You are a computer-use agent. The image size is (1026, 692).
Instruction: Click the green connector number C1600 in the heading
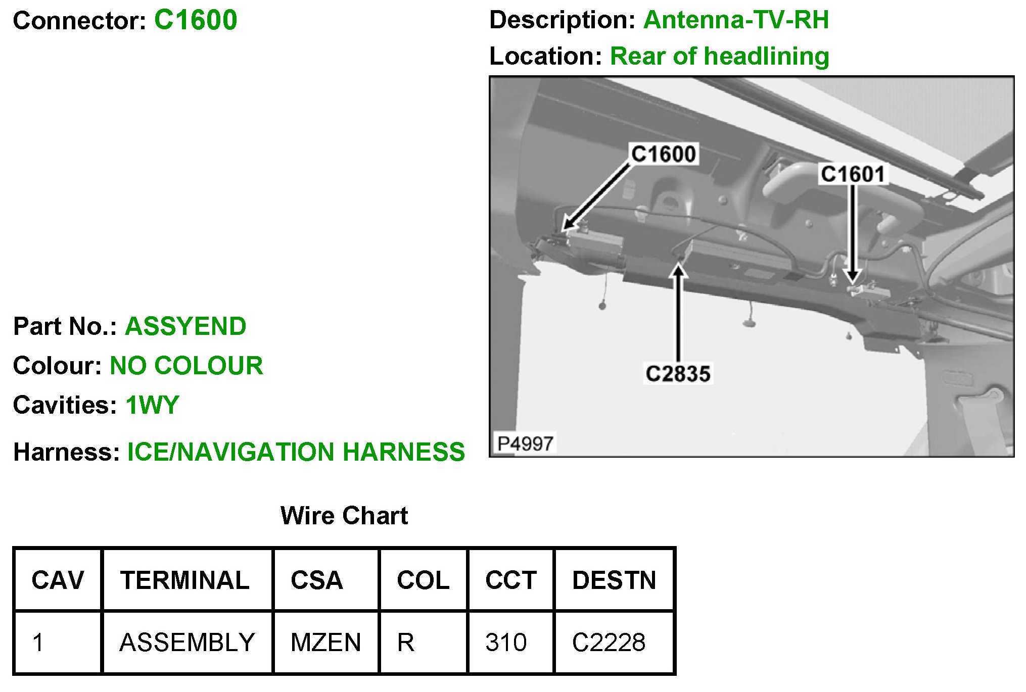click(x=196, y=21)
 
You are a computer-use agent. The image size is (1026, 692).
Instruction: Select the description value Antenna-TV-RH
click(x=736, y=21)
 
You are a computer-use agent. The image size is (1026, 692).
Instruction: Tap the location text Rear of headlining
click(x=719, y=57)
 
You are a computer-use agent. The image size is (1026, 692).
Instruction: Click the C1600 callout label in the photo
click(x=664, y=154)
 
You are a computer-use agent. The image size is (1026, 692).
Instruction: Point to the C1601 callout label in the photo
click(x=853, y=174)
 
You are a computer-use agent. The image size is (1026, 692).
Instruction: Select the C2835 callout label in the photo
click(x=678, y=374)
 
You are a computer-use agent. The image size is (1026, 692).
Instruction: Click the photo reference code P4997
click(x=525, y=444)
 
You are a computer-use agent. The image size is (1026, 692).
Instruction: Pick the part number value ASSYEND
click(x=185, y=326)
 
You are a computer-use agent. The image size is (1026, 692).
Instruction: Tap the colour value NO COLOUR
click(x=186, y=366)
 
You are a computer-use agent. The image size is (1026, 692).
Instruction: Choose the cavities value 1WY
click(x=152, y=405)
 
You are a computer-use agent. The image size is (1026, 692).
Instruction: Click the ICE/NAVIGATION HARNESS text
click(x=296, y=452)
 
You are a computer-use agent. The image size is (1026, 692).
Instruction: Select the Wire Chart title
click(x=344, y=516)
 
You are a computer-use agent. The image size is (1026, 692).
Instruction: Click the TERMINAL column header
click(x=185, y=580)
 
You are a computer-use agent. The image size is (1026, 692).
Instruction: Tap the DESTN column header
click(x=614, y=580)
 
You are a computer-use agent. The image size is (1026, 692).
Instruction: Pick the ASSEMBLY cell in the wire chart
click(x=187, y=642)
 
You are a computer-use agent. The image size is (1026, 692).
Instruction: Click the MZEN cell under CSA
click(x=326, y=642)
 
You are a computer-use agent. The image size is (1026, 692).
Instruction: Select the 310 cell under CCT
click(x=506, y=642)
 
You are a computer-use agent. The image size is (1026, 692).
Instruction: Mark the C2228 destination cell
click(x=609, y=642)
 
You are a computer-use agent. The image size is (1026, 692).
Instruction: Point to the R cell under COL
click(x=406, y=642)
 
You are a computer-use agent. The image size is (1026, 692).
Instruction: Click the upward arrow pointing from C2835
click(x=678, y=313)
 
